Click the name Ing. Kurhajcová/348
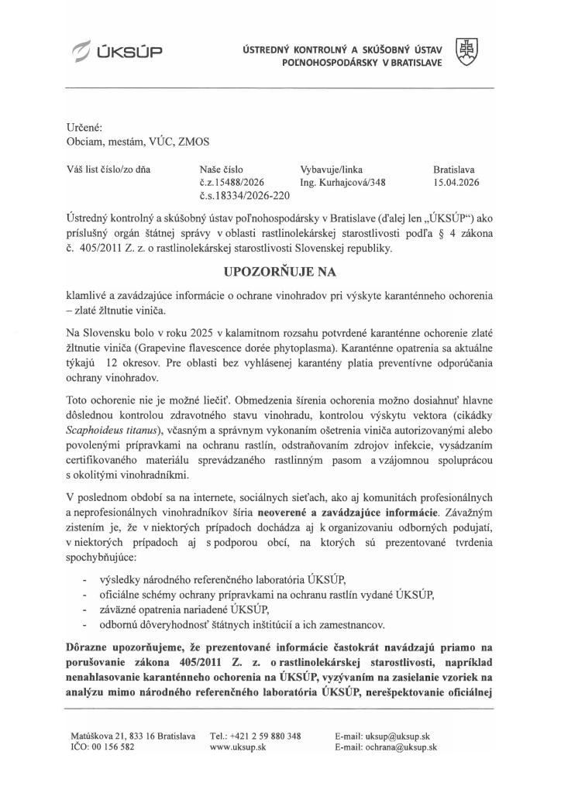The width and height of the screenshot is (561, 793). click(342, 184)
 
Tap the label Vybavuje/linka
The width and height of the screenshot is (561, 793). click(331, 169)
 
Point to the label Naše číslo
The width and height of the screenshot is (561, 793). click(222, 169)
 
